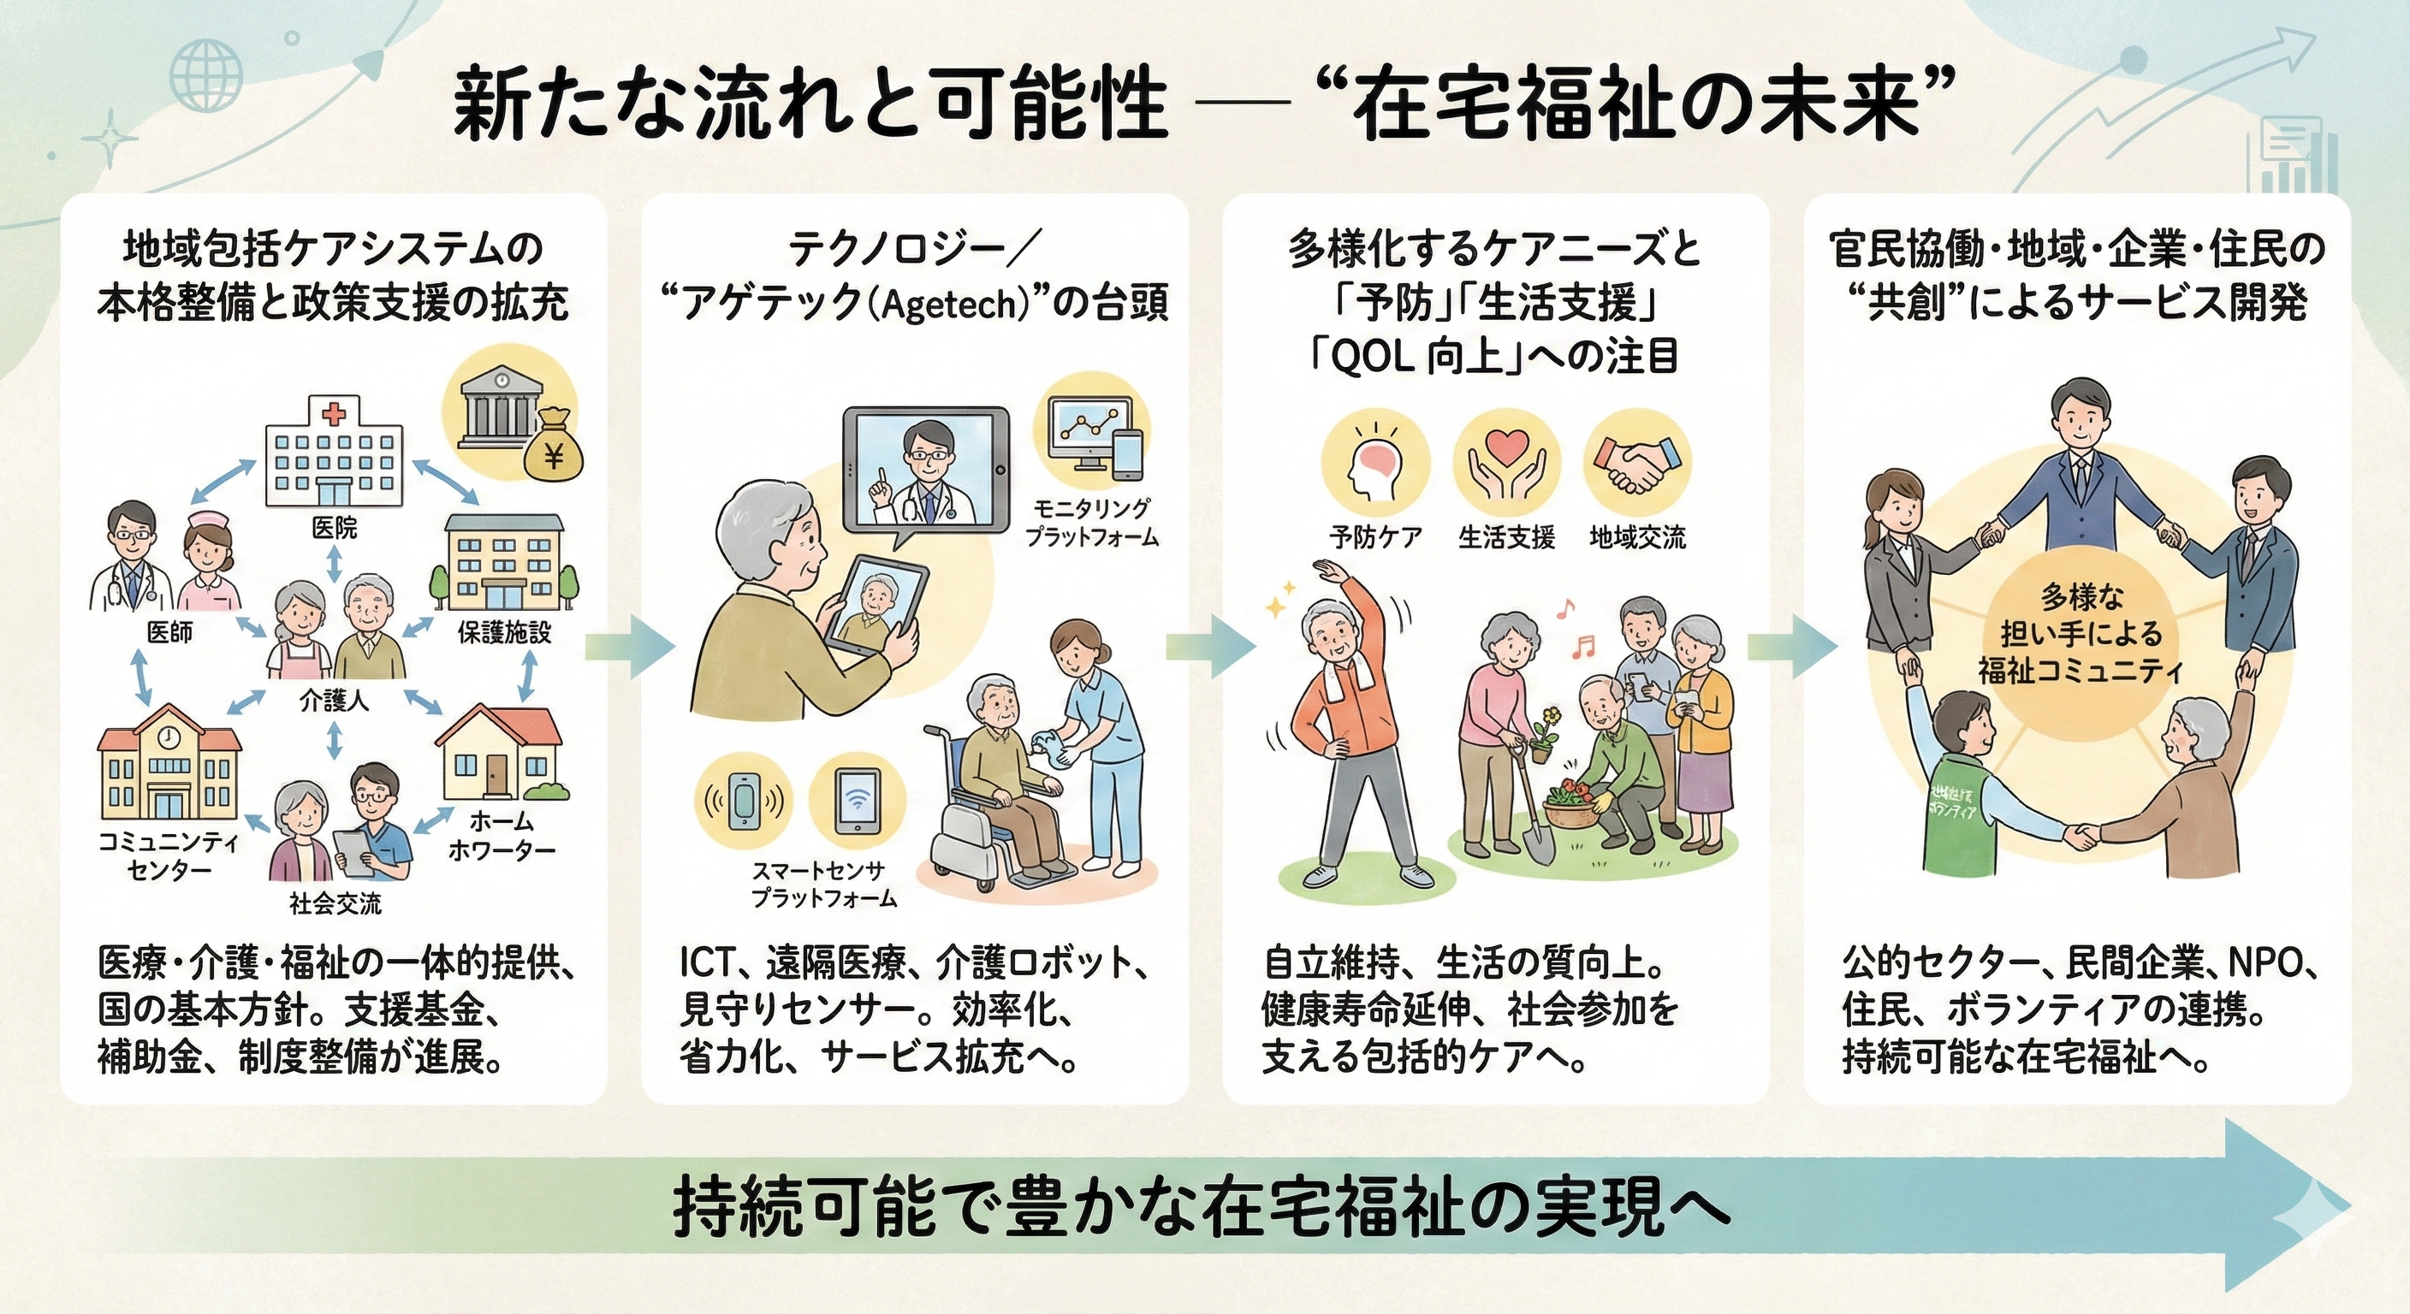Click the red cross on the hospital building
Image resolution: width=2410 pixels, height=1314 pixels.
click(333, 412)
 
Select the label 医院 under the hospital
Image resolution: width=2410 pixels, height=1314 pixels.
click(334, 529)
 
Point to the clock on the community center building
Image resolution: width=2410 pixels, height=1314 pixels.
click(169, 737)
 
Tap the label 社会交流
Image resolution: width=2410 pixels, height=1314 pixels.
click(335, 903)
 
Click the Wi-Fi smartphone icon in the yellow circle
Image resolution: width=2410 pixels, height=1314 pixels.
click(857, 802)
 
